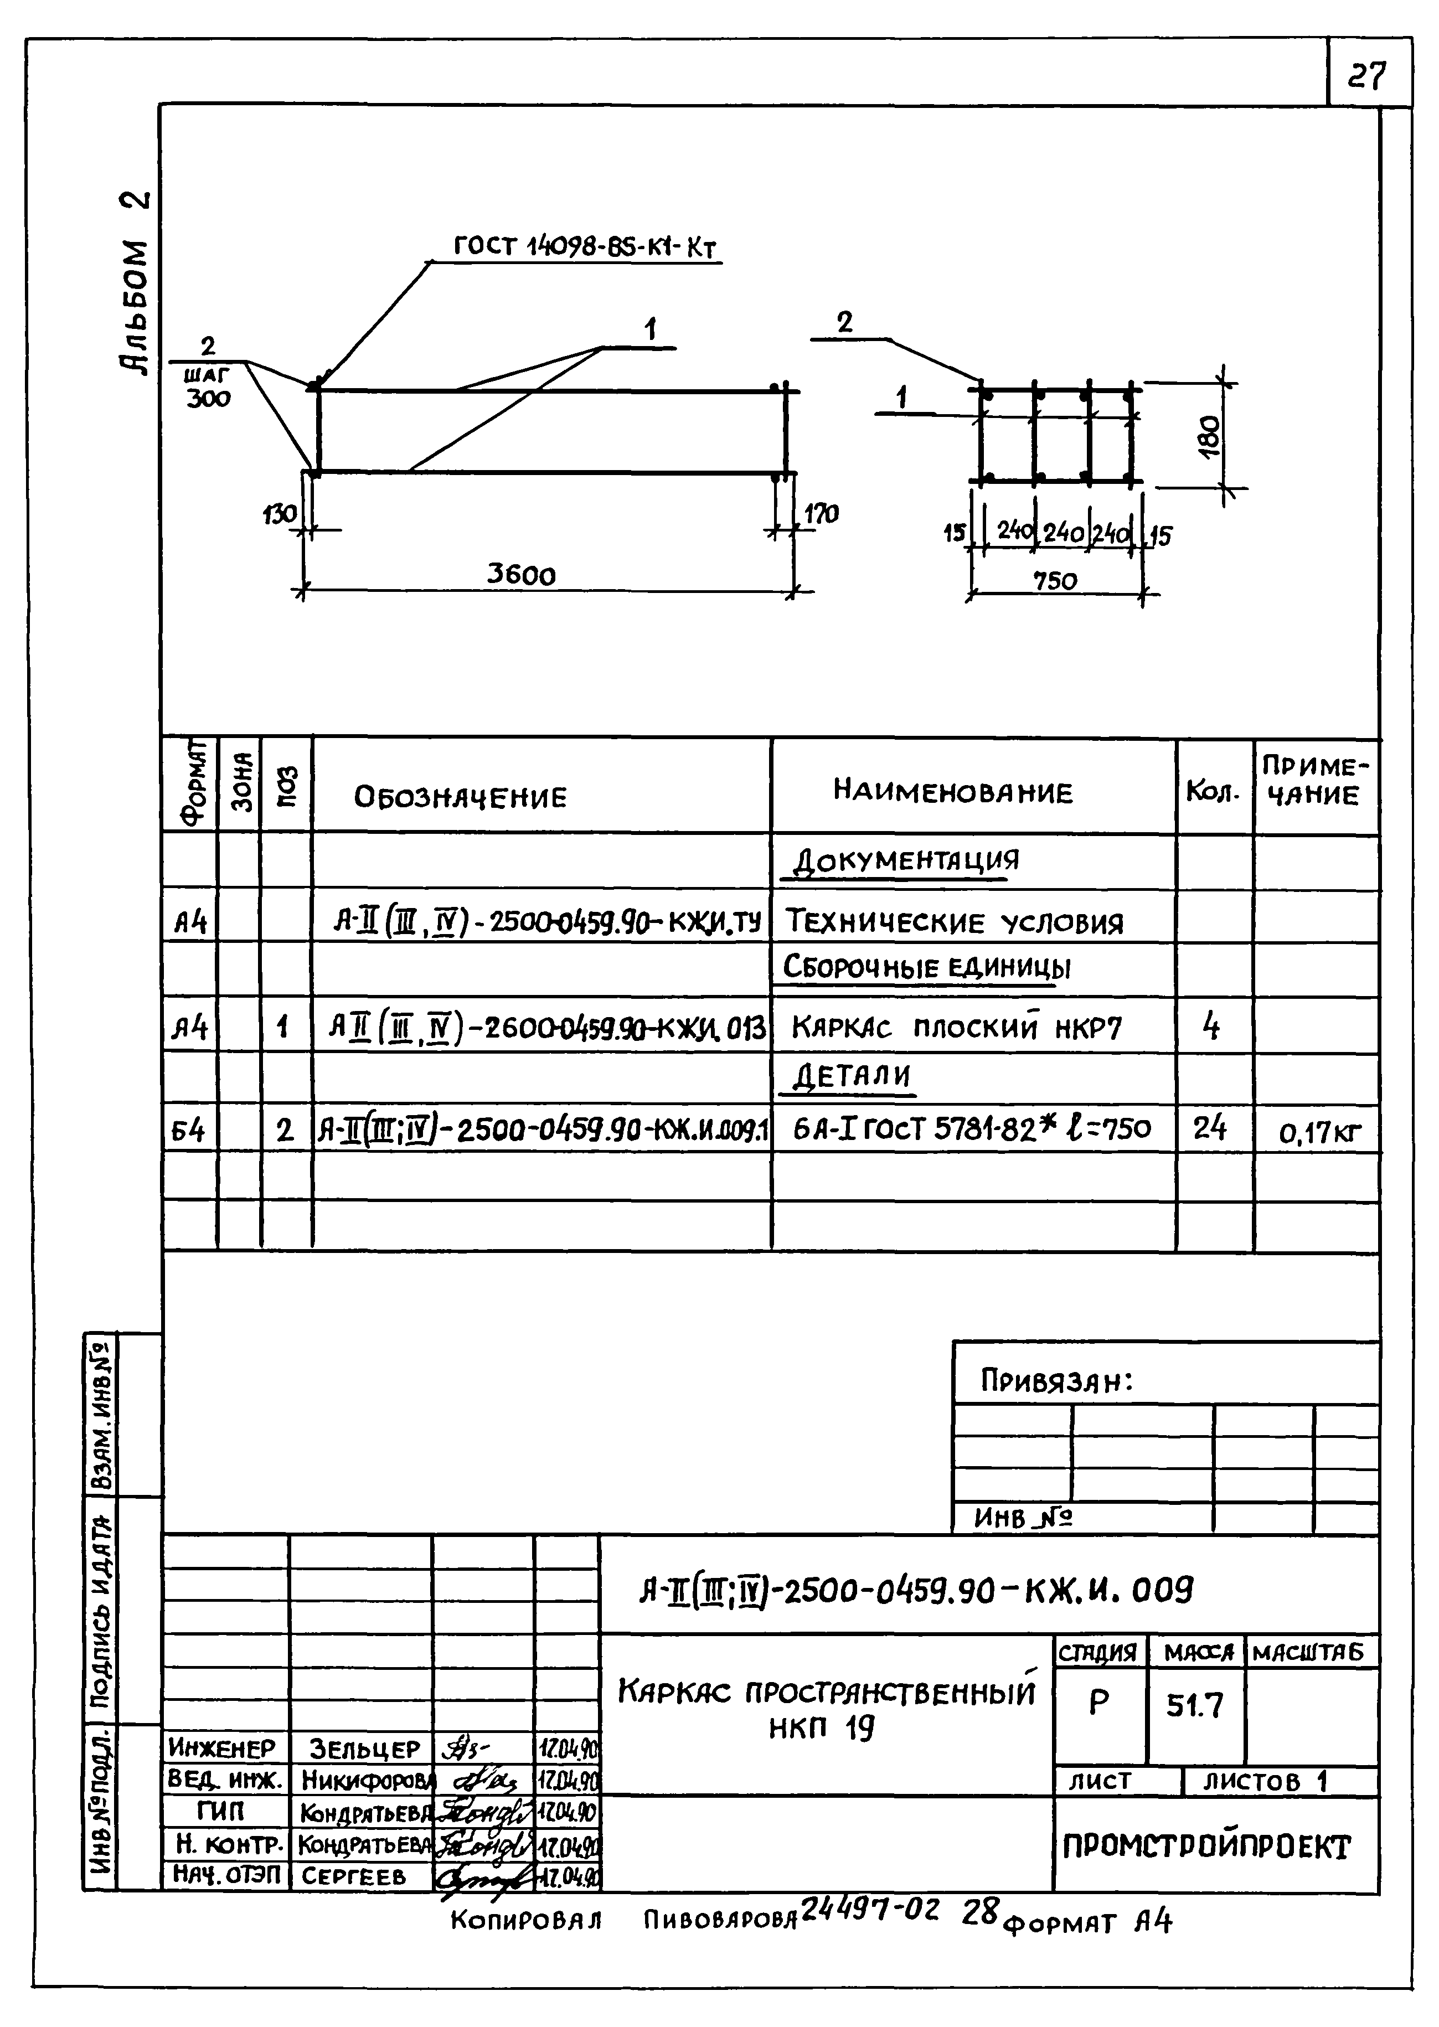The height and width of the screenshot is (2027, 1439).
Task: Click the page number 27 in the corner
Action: pos(1366,77)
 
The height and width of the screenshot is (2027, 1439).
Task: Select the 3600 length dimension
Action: pos(521,576)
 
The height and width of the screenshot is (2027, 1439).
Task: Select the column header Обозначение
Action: pos(460,797)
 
